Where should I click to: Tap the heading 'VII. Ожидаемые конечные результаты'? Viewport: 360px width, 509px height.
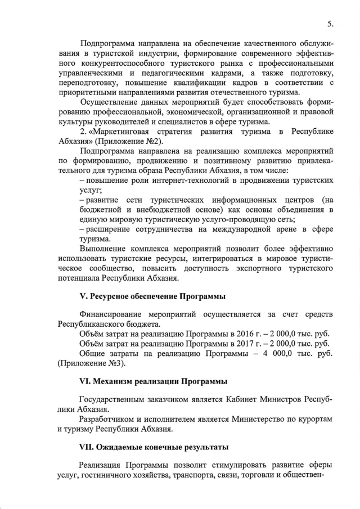(154, 448)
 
